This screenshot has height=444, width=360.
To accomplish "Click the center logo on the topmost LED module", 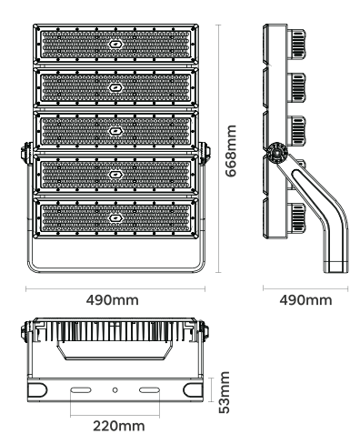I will click(115, 45).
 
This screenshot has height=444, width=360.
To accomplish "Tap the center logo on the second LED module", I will click(115, 87).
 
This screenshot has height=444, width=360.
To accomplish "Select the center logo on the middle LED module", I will click(115, 131).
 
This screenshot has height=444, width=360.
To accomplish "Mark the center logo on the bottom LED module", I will click(115, 217).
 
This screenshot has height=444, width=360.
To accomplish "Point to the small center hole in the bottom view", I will click(115, 389).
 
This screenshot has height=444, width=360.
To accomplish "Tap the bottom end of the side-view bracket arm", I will click(335, 265).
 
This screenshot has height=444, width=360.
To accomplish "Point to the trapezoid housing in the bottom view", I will click(115, 348).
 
